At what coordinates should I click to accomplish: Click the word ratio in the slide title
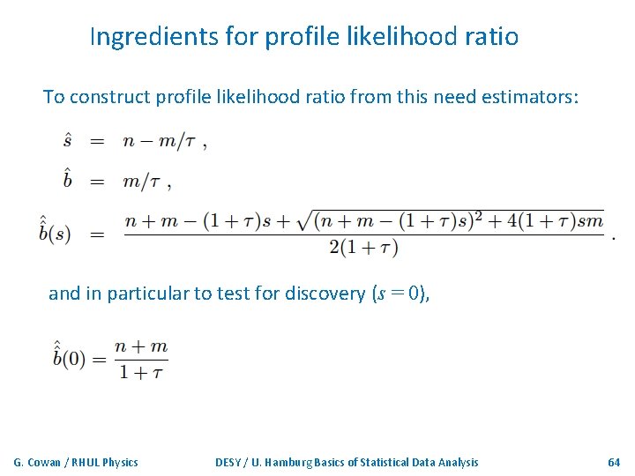[487, 37]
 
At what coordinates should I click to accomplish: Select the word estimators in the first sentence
[528, 97]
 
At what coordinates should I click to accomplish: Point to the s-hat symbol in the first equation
[68, 141]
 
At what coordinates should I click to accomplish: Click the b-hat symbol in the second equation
[68, 180]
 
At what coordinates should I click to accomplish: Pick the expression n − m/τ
[160, 141]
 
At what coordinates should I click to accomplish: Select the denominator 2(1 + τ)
[363, 248]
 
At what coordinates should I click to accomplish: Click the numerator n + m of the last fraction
[141, 346]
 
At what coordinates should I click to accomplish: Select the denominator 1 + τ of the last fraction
[141, 371]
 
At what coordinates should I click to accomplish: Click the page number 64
[614, 462]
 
